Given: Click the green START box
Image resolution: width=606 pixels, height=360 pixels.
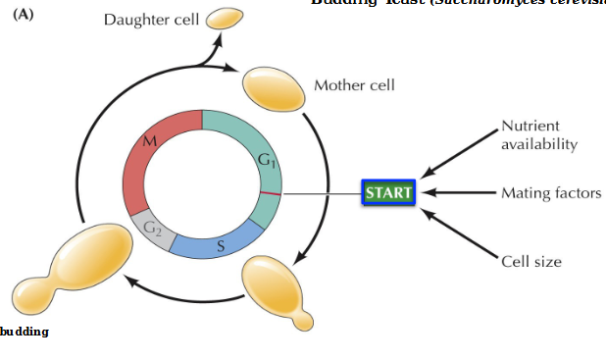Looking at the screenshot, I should (388, 192).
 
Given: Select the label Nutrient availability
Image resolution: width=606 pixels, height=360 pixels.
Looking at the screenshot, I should (538, 135).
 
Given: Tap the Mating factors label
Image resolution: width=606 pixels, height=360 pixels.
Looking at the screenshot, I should (550, 193).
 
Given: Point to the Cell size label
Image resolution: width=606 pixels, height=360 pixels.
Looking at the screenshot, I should (530, 261).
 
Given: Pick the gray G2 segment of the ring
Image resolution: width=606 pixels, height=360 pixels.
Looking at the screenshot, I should (153, 230).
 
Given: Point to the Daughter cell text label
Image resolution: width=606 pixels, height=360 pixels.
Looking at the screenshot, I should (151, 22).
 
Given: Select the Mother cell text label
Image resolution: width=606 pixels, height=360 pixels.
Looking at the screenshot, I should (354, 85).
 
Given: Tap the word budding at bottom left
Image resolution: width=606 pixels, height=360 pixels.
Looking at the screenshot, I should (24, 332).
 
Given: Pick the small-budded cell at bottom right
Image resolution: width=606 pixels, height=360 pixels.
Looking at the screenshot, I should (277, 283).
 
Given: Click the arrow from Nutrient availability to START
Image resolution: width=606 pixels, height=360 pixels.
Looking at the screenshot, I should (460, 156).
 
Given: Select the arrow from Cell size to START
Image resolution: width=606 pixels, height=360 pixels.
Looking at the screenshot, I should (460, 228).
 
